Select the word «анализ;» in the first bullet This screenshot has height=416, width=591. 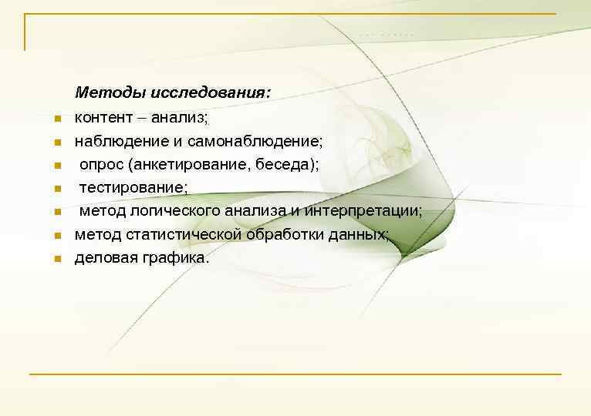181,118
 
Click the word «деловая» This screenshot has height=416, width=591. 104,258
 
